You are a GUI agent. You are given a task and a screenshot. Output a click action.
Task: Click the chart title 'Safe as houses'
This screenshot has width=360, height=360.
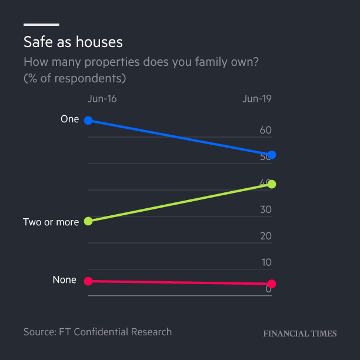(x=73, y=42)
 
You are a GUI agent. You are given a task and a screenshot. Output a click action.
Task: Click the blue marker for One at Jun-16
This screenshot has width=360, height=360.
(x=88, y=121)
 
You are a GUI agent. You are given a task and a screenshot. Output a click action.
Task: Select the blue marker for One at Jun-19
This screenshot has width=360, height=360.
(x=272, y=155)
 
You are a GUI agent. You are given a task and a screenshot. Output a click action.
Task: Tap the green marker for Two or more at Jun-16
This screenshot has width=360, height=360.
(x=88, y=221)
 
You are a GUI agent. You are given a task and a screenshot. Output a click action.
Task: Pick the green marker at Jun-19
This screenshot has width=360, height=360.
(x=272, y=184)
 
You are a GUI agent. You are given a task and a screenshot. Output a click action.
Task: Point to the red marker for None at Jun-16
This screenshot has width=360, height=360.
(x=88, y=281)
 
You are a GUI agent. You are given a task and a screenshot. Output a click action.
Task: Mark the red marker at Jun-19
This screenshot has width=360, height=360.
(x=272, y=284)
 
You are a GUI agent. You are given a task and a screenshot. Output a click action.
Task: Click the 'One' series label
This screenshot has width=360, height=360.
(x=69, y=119)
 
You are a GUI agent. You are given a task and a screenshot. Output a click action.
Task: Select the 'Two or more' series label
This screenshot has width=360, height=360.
(x=51, y=222)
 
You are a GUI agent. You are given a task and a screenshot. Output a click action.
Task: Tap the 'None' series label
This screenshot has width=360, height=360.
(x=65, y=280)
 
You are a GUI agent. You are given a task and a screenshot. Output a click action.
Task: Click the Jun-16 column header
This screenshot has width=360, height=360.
(x=102, y=98)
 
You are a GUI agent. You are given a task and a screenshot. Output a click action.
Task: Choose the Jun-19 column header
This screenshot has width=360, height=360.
(x=257, y=98)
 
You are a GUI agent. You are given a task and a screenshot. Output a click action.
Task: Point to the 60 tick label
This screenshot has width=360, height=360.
(x=265, y=130)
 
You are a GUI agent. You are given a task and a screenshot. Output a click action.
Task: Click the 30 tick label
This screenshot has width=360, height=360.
(x=265, y=209)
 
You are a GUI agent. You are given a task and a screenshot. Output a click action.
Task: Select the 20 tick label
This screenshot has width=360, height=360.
(x=265, y=236)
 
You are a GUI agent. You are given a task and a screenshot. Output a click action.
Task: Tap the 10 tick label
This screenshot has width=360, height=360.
(x=266, y=262)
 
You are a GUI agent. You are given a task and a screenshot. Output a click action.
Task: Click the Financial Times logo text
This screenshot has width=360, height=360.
(x=300, y=334)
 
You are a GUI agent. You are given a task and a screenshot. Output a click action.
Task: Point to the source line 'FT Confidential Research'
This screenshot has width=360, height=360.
(x=115, y=332)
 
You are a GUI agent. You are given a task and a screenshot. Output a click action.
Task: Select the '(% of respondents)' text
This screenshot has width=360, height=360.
(x=75, y=78)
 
